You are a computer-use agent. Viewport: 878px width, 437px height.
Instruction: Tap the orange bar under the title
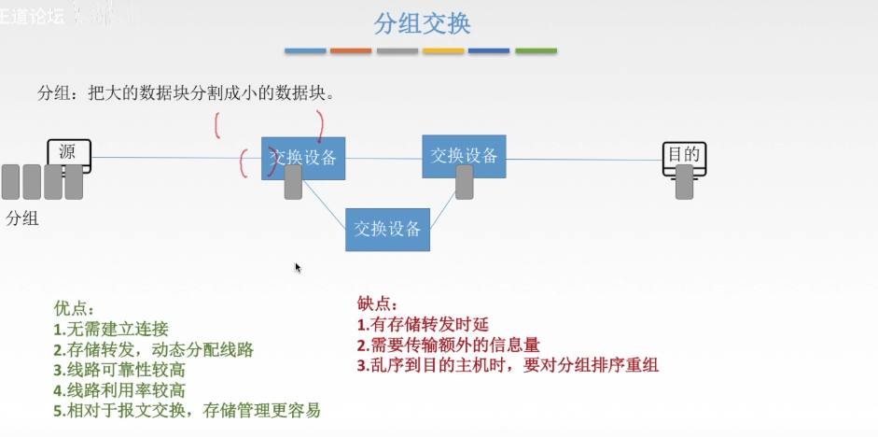click(x=351, y=50)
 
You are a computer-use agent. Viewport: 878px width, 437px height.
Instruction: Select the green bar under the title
click(x=536, y=50)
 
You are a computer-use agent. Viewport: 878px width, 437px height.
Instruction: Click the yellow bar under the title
click(x=443, y=50)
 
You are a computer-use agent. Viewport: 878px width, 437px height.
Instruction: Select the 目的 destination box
click(x=683, y=155)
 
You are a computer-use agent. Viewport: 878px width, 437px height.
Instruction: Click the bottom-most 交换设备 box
click(x=387, y=229)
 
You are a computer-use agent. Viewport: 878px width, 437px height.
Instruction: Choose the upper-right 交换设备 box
click(x=464, y=155)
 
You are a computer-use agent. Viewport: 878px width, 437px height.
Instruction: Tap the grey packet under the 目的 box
click(x=685, y=182)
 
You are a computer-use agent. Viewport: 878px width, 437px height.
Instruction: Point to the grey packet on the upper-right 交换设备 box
click(x=465, y=182)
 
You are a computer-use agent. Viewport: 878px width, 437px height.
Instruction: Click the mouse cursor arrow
click(x=299, y=268)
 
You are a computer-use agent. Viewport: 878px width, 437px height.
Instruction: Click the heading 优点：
click(x=75, y=307)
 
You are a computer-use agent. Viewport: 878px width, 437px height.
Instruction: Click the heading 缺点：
click(x=378, y=303)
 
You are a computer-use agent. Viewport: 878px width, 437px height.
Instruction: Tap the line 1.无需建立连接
click(x=111, y=329)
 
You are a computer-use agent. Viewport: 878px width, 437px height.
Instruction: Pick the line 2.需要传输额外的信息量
click(x=449, y=345)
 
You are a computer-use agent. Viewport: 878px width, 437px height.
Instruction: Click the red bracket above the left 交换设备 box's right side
click(x=321, y=125)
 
